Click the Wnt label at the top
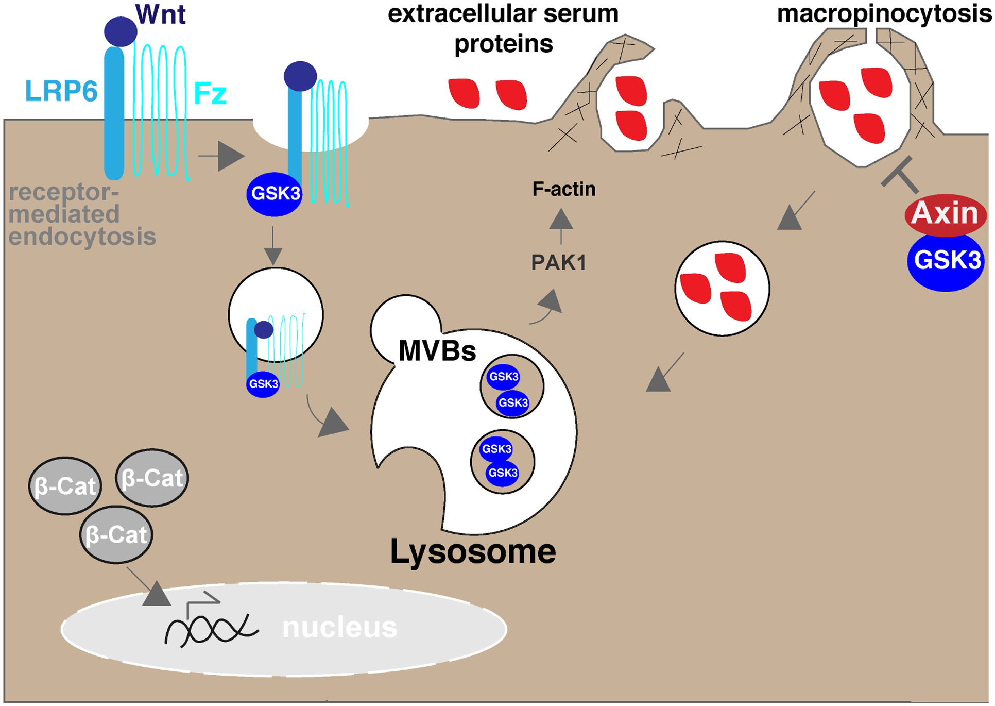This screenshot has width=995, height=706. click(160, 14)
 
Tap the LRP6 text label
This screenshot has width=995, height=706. click(61, 92)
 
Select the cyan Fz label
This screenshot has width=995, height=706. click(210, 94)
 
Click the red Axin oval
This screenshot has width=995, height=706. click(945, 213)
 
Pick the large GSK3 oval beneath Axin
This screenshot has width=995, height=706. click(946, 261)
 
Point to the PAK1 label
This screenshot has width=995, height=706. click(559, 263)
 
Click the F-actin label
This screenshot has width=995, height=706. click(564, 189)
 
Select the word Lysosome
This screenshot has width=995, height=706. click(473, 551)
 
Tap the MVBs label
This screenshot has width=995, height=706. click(437, 351)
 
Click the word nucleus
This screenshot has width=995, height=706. click(340, 628)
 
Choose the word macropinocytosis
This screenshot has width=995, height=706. click(884, 14)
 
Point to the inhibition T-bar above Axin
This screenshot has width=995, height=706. click(899, 173)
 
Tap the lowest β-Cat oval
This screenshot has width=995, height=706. click(116, 535)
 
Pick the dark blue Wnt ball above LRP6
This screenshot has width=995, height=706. click(121, 31)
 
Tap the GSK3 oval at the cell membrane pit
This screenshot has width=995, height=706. click(275, 194)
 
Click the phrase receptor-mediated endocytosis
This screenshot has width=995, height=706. click(82, 214)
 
